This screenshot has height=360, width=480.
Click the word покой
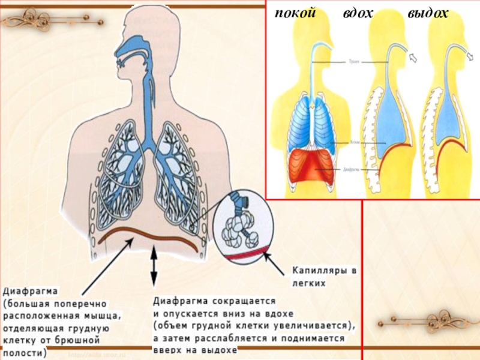pos(295,13)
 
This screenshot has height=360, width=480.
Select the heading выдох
pos(428,13)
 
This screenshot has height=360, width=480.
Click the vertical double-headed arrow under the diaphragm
pos(154,266)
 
